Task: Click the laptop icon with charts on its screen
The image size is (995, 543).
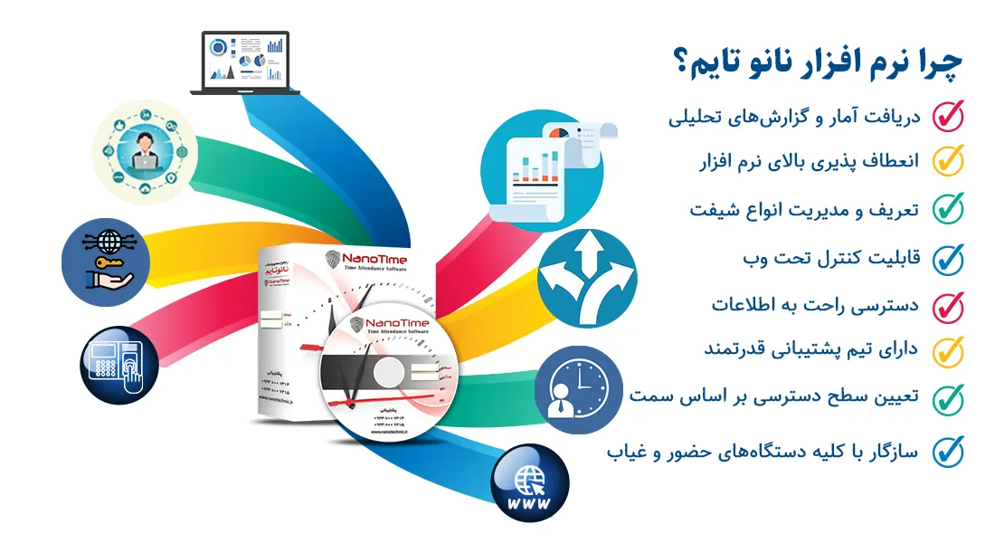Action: [x=245, y=62]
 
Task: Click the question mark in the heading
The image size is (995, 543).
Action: [x=678, y=64]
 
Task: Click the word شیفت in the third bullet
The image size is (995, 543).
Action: [x=710, y=210]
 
